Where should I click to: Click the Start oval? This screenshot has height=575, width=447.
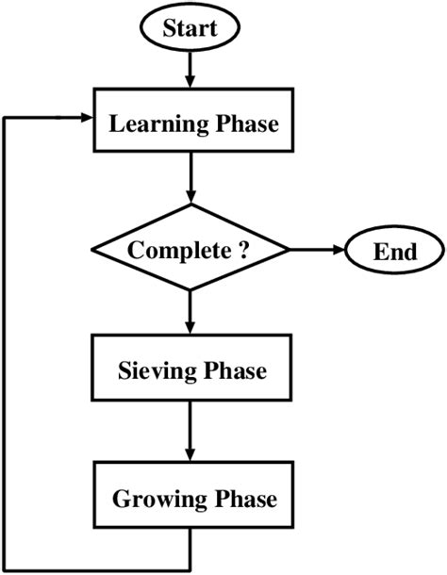click(x=190, y=27)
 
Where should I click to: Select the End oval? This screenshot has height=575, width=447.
click(x=394, y=251)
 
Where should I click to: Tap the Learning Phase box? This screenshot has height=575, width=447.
click(x=190, y=123)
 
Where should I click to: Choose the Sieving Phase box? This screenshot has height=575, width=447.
click(x=191, y=370)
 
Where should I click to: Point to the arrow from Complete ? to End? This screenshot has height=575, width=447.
click(x=316, y=251)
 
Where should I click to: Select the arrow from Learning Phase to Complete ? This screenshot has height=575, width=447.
click(x=191, y=179)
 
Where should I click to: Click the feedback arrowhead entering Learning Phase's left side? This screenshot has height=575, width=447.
click(x=86, y=118)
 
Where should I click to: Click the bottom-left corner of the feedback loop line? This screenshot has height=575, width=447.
click(x=7, y=569)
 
